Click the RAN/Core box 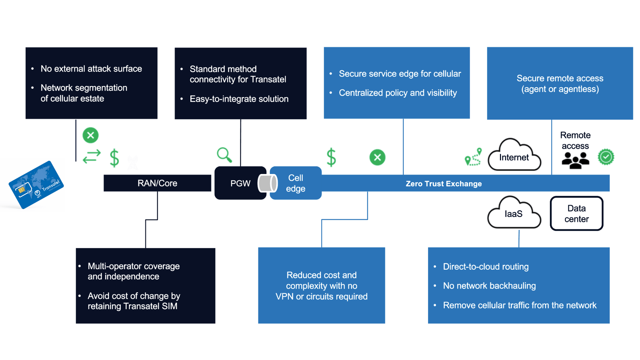[157, 183]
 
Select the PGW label [240, 183]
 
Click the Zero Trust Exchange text [443, 184]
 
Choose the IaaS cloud [513, 214]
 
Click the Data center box [576, 214]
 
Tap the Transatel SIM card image [36, 185]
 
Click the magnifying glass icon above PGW [224, 155]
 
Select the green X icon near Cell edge [377, 157]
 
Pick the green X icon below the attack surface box [90, 135]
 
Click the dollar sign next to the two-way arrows [114, 158]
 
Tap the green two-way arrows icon [92, 156]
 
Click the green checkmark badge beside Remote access [606, 157]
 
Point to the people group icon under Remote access [575, 160]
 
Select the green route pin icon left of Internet [473, 157]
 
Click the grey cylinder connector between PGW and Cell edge [268, 183]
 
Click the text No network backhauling [489, 286]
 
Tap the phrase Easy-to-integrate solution [239, 99]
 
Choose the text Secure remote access [560, 78]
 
